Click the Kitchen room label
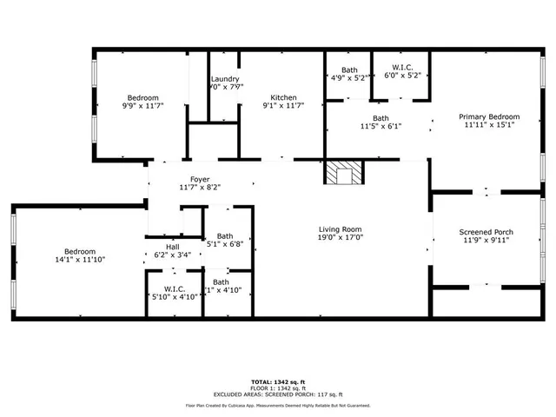point(283,97)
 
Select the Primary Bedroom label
point(490,116)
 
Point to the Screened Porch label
point(486,232)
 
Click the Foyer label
point(201,180)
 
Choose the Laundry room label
point(224,79)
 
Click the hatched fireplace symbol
point(342,174)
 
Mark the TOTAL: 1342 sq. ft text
point(278,381)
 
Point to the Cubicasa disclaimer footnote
point(278,406)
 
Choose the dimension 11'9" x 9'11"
point(486,241)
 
